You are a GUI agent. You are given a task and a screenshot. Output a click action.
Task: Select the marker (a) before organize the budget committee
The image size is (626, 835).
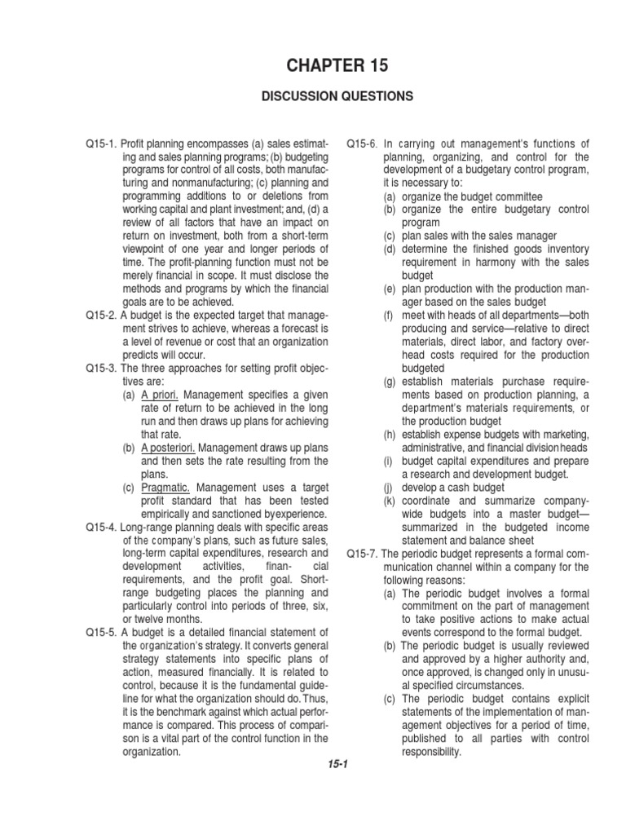(390, 197)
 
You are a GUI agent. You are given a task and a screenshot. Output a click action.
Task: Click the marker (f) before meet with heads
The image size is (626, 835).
(390, 315)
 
